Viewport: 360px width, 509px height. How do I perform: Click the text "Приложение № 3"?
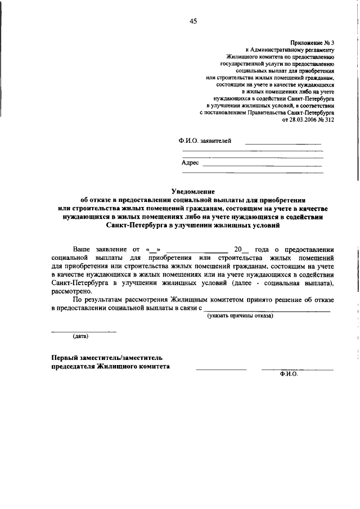[312, 42]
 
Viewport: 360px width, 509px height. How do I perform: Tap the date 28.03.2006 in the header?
[302, 120]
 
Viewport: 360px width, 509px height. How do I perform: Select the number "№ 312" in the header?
[326, 120]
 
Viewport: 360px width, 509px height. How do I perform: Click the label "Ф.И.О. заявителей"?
[204, 141]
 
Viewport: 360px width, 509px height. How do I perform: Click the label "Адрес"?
[190, 163]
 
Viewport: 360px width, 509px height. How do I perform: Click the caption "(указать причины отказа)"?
[240, 316]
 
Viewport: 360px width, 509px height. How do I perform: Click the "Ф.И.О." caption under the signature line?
[287, 373]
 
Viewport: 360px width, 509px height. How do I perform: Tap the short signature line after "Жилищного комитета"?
[221, 368]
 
